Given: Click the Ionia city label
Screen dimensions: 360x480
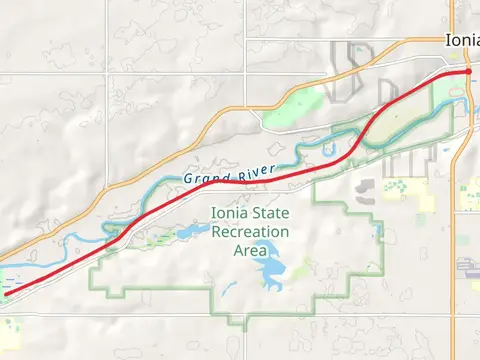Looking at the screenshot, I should tap(462, 40).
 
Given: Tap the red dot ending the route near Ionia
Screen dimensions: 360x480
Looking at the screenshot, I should tap(468, 72).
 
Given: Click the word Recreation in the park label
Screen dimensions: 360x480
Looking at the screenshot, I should tap(249, 232).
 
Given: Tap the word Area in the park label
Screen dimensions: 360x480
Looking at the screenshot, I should tap(250, 250).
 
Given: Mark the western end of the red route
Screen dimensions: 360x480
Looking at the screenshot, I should tap(3, 290).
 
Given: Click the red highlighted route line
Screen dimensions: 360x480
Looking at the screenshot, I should tap(300, 174).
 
